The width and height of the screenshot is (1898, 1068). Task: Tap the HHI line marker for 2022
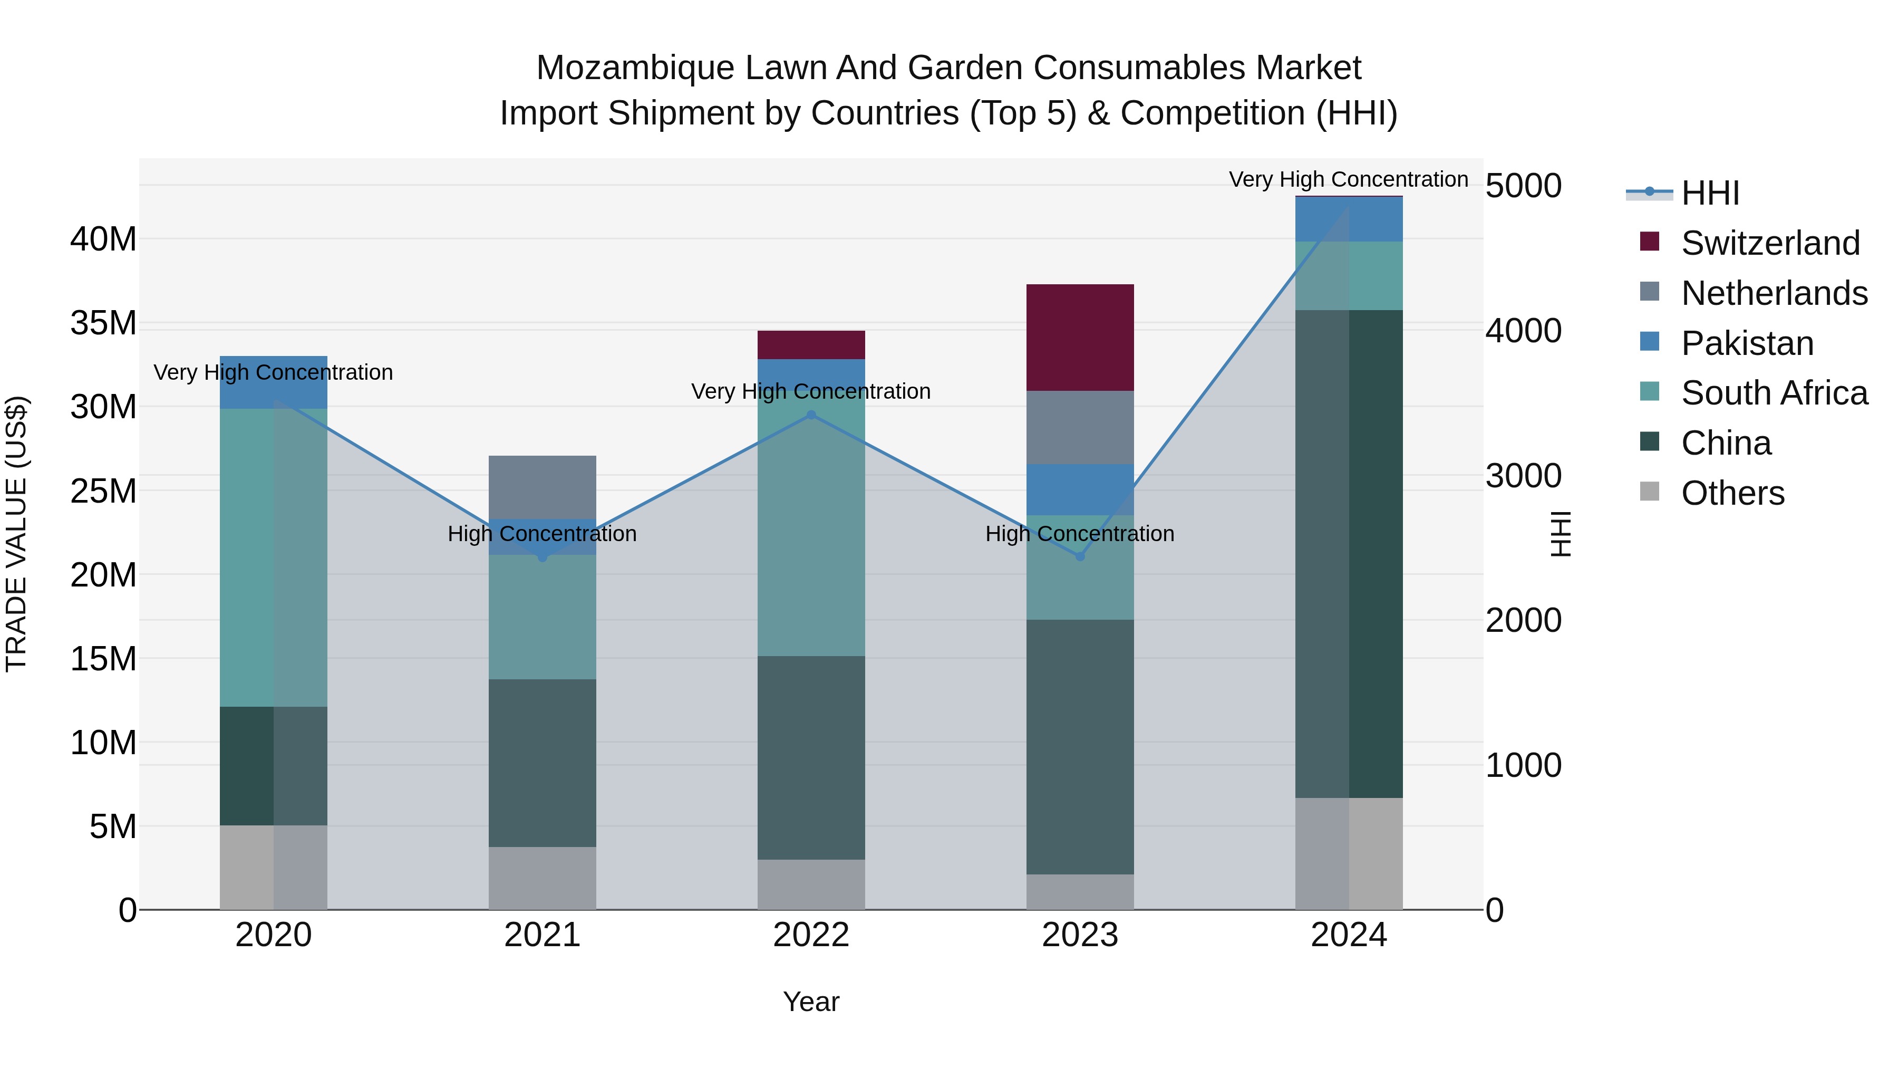click(x=811, y=415)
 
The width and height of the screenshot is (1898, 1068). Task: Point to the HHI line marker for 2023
click(x=1080, y=556)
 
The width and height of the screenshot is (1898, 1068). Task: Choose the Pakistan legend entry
click(x=1746, y=343)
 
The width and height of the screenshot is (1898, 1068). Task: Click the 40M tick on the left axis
click(x=103, y=239)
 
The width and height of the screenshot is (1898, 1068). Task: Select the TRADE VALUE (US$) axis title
click(x=16, y=534)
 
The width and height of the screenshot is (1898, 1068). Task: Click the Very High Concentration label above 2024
click(x=1348, y=179)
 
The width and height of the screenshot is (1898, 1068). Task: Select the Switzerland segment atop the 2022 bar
click(x=811, y=344)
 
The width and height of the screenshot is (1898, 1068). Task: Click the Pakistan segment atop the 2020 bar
click(x=273, y=391)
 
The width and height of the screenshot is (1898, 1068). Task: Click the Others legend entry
click(x=1731, y=493)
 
